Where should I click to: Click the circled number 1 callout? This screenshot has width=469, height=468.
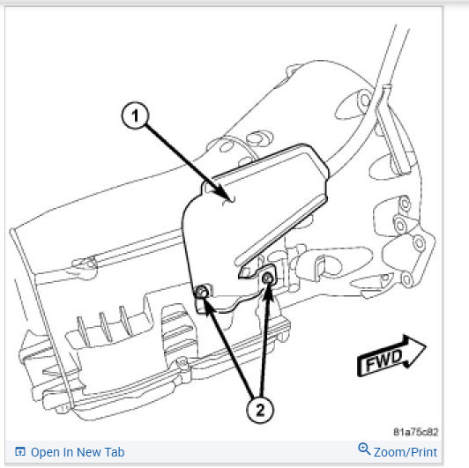click(x=135, y=115)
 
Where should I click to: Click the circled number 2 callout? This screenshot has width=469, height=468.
click(x=260, y=409)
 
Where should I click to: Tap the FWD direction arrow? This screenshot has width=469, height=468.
click(x=391, y=356)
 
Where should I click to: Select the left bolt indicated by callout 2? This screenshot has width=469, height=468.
click(x=201, y=292)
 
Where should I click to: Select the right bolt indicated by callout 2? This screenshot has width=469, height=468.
click(x=267, y=279)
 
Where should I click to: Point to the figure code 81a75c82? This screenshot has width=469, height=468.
click(x=415, y=432)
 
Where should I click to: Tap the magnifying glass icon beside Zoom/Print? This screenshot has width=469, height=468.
click(x=364, y=449)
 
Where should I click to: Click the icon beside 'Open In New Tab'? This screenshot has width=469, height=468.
click(x=20, y=451)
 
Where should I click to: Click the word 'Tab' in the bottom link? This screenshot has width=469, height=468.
click(x=115, y=452)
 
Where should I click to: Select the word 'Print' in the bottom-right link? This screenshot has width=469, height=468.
click(x=424, y=452)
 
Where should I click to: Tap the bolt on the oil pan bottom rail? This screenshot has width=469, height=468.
click(x=182, y=363)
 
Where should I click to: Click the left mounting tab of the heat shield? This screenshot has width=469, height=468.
click(x=203, y=298)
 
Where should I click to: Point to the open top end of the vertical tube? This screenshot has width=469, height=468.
click(x=387, y=86)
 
